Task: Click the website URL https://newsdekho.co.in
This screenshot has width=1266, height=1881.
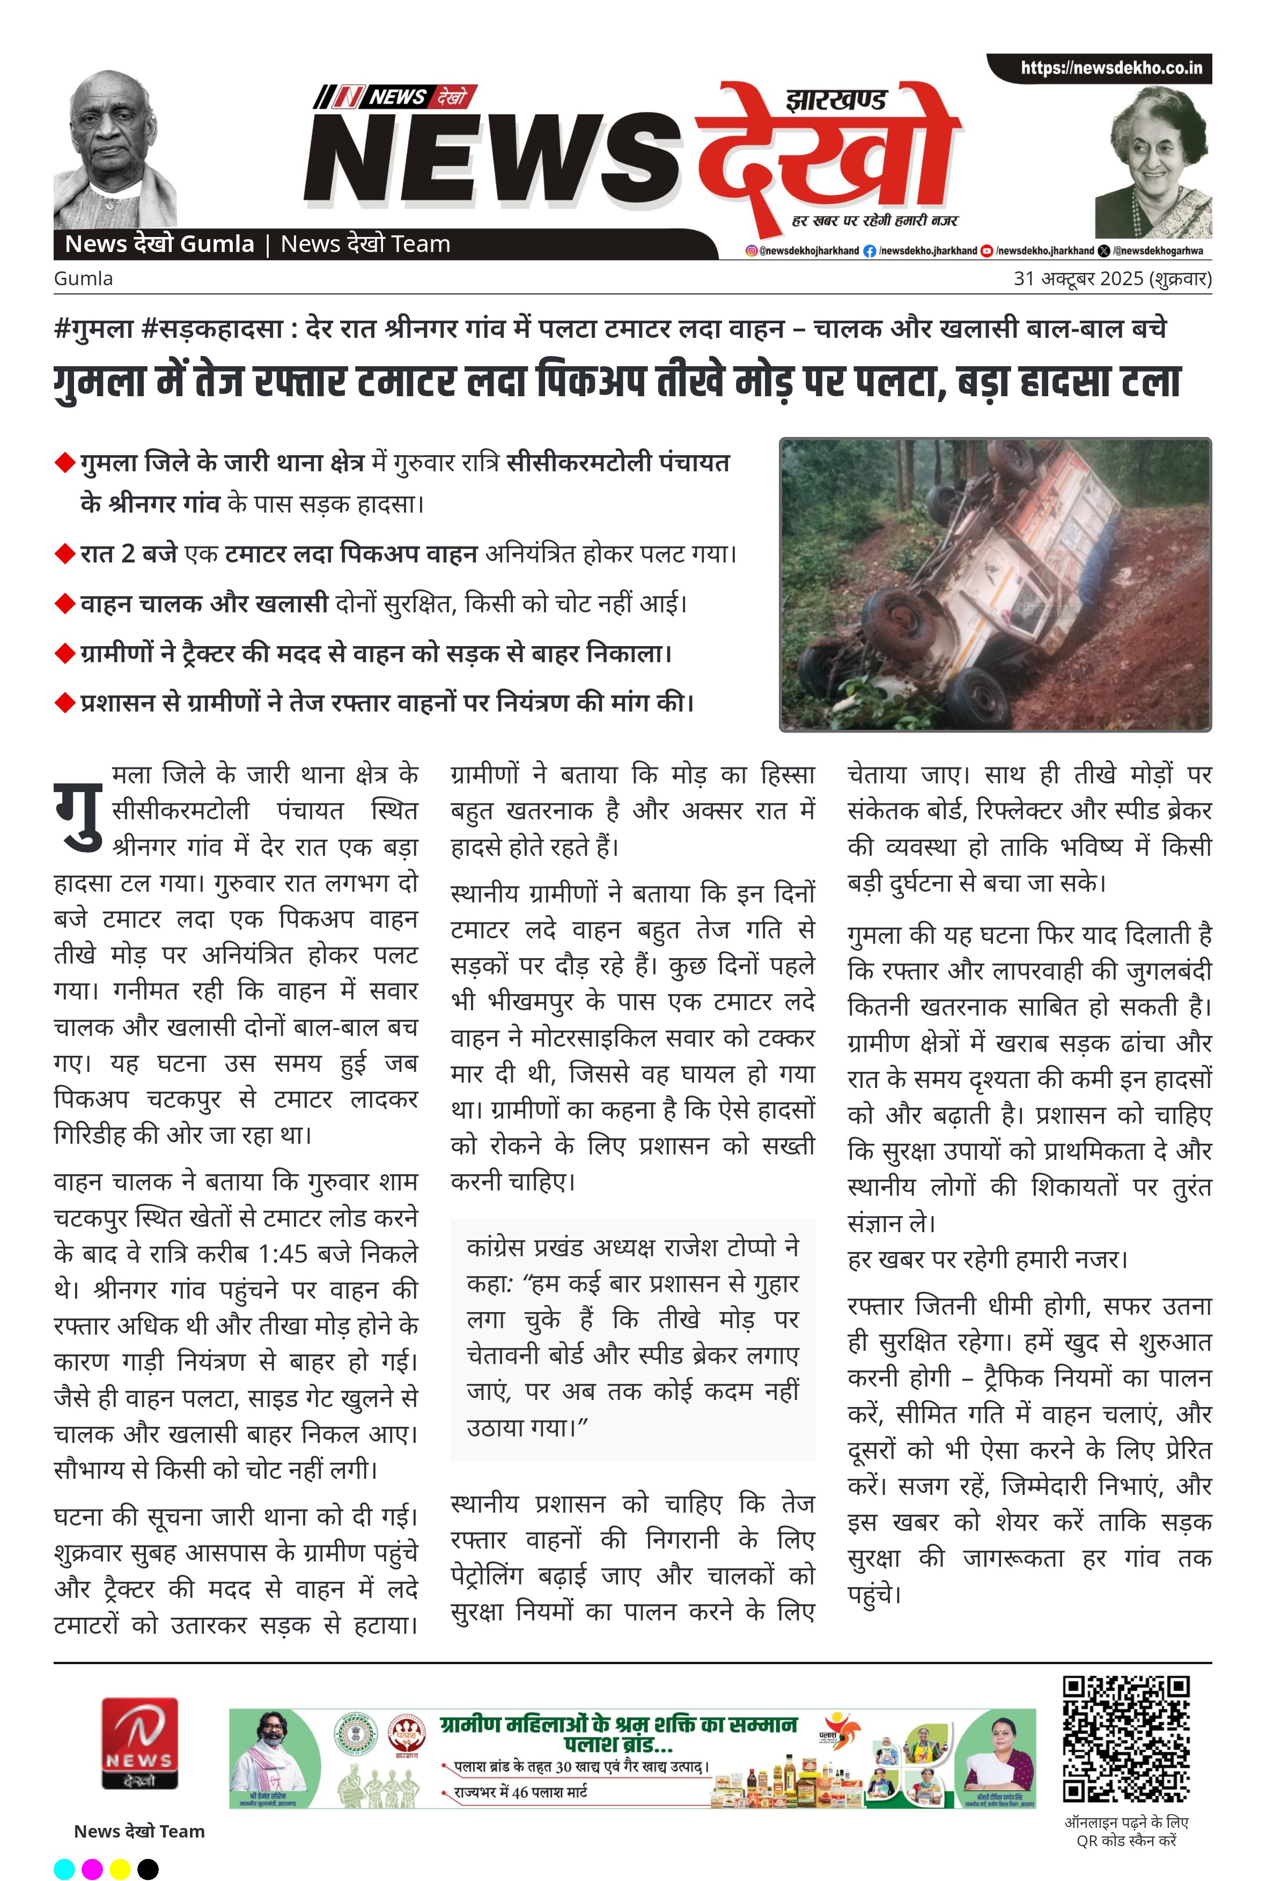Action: click(x=1110, y=68)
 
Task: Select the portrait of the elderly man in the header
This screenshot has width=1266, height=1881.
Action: click(x=115, y=149)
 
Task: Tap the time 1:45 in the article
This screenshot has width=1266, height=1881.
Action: click(x=283, y=1253)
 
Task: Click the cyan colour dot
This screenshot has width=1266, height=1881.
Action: click(x=64, y=1868)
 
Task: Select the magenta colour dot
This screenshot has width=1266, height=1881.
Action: click(x=92, y=1868)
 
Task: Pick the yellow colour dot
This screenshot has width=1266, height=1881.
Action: click(x=120, y=1868)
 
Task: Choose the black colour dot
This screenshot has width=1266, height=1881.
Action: click(x=148, y=1868)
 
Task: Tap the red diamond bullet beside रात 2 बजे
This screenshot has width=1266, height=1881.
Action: click(x=64, y=554)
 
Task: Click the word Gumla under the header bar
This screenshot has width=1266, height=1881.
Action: click(x=83, y=278)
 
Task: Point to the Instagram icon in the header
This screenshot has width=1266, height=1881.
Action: click(x=751, y=251)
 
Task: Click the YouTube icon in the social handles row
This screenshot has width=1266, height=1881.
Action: click(x=986, y=251)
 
